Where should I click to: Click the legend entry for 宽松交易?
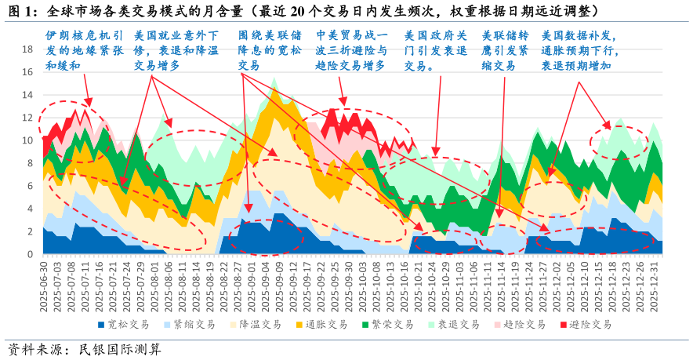point(125,324)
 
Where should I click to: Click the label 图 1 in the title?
point(20,12)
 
